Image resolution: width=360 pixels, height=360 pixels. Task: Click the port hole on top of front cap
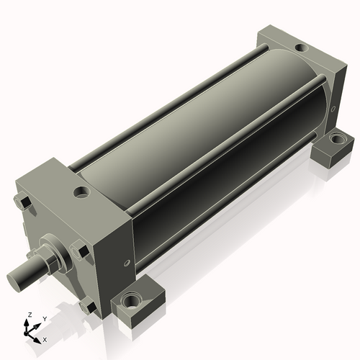coord(82,192)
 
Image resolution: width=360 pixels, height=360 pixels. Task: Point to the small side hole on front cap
coord(127,263)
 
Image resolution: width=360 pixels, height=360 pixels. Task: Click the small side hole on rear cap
coord(333,109)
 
